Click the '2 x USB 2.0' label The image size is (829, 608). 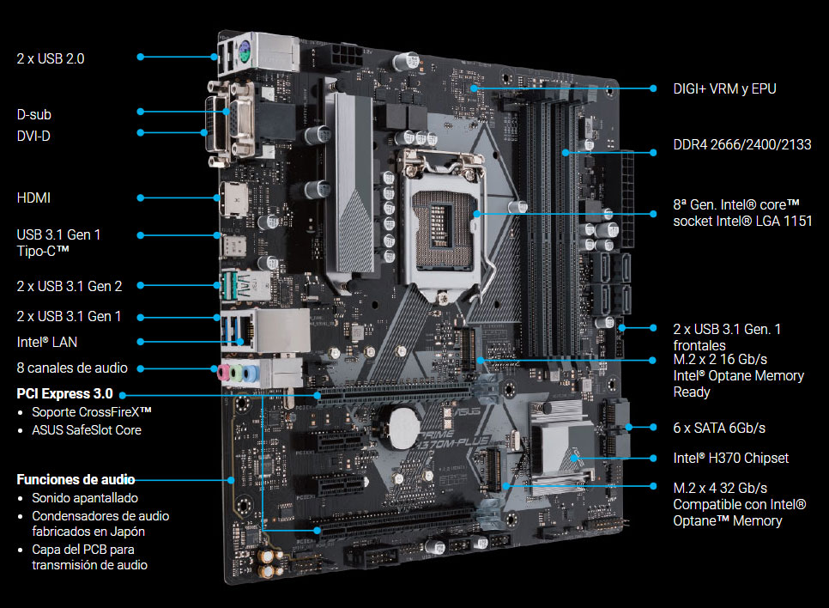tap(51, 58)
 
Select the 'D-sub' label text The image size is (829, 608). tap(33, 114)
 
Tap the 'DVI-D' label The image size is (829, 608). tap(33, 136)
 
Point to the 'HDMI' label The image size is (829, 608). tap(33, 198)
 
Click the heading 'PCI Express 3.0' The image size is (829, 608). tap(64, 393)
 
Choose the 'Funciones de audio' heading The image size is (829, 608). tap(76, 479)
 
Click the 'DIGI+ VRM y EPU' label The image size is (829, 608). tap(724, 89)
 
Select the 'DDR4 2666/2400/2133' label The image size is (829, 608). tap(741, 144)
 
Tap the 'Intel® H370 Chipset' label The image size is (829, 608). tap(730, 459)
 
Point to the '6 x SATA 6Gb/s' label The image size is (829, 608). tap(719, 428)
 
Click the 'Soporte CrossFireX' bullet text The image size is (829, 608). tap(92, 411)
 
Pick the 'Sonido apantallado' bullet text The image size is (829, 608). tap(85, 498)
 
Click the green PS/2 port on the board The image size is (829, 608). tap(243, 52)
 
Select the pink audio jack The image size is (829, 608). tap(224, 373)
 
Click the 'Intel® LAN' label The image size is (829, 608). tap(47, 343)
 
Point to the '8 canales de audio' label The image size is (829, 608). tap(72, 368)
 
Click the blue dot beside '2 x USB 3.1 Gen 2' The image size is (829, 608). tap(141, 286)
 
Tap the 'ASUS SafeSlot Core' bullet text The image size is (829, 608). tap(86, 430)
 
